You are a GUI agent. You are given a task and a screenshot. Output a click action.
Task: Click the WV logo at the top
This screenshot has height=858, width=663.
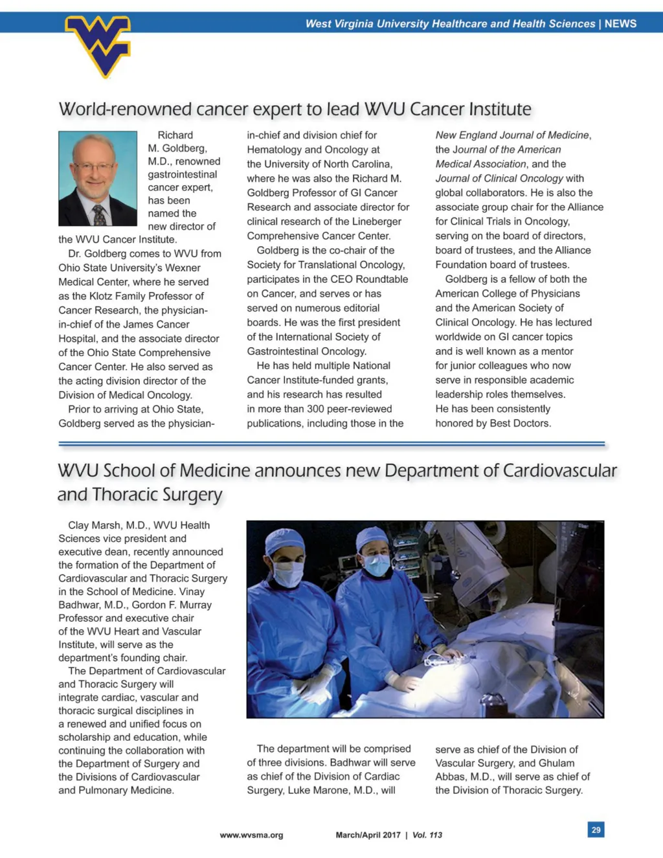click(x=98, y=44)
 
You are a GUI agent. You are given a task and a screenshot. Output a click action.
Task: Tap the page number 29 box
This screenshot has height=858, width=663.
click(x=596, y=830)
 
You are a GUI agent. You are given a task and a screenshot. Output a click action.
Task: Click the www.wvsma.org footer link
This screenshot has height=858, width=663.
click(x=251, y=835)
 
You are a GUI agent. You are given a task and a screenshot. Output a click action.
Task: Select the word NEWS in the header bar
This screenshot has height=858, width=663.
click(x=620, y=24)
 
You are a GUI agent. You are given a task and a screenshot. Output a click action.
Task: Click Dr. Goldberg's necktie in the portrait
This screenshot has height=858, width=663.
click(x=99, y=214)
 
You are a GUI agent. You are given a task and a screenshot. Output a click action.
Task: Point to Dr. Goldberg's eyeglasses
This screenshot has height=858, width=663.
click(x=95, y=168)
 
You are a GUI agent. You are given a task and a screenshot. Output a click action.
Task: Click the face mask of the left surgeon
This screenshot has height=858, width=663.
click(x=288, y=573)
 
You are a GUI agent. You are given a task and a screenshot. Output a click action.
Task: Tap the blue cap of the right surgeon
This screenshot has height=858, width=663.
click(x=373, y=537)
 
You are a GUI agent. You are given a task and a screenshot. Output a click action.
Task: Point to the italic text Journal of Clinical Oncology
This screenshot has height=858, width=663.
click(x=499, y=179)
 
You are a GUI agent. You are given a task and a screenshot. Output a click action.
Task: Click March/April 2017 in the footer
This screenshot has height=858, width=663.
click(x=368, y=835)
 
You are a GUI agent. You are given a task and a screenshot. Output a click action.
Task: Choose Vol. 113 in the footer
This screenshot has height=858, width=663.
click(x=427, y=835)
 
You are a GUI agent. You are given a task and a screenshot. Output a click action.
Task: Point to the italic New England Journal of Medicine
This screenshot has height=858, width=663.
click(x=512, y=135)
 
